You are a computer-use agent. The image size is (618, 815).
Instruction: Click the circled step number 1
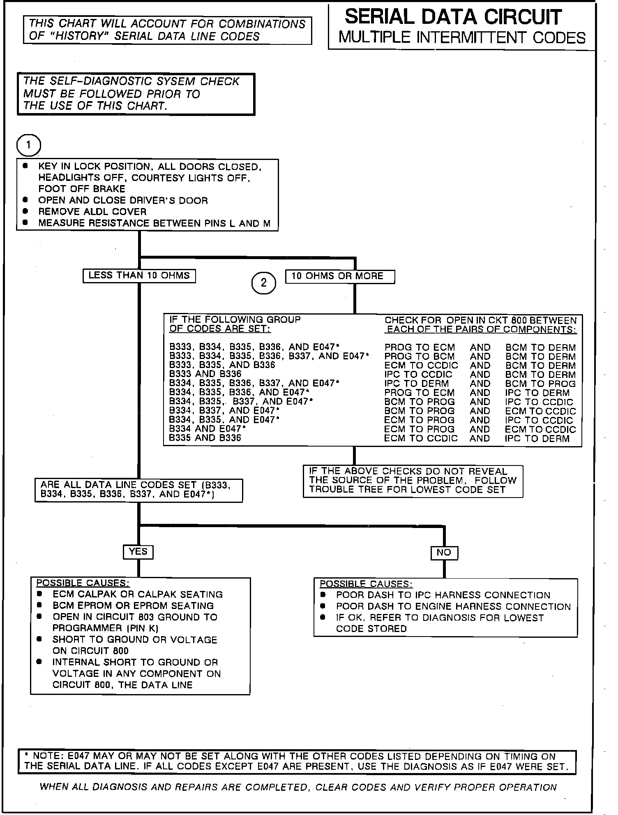tap(28, 145)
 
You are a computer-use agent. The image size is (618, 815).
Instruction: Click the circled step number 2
tap(263, 282)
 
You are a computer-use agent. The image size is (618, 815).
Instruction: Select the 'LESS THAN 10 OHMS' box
tap(139, 276)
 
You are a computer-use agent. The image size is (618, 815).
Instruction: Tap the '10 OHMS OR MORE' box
tap(340, 276)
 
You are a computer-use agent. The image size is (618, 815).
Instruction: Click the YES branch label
tap(138, 551)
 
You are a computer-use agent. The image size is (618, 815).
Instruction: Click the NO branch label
tap(444, 553)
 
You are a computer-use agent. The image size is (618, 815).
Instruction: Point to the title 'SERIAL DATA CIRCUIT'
tap(453, 17)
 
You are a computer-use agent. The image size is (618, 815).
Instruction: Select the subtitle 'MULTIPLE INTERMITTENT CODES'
tap(462, 38)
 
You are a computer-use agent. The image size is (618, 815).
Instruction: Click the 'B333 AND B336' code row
tap(205, 374)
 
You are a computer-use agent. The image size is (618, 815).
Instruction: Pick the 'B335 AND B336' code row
tap(205, 438)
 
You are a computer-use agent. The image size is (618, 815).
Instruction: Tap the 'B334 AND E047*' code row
tap(208, 429)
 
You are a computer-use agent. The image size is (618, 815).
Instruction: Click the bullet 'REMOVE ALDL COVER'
tap(92, 212)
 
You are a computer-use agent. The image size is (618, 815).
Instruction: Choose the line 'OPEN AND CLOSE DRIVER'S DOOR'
tap(123, 201)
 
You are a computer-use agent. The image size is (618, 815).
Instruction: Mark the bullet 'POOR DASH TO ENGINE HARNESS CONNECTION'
tap(453, 607)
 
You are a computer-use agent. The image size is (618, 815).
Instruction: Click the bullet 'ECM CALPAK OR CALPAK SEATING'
tap(138, 595)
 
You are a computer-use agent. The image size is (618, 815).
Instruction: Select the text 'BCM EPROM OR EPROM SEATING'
tap(133, 606)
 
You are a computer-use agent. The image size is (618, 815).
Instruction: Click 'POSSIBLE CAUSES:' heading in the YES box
tap(83, 583)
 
